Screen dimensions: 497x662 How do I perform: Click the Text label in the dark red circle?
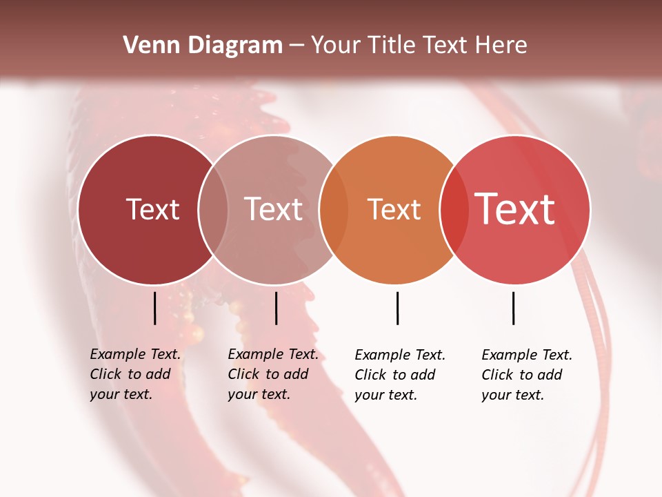(x=152, y=210)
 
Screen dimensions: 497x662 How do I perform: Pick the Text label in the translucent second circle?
(x=273, y=210)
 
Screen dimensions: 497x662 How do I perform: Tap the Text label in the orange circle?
(x=394, y=210)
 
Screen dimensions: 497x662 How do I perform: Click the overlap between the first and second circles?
(x=213, y=210)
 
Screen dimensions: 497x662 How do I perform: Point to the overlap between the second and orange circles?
(x=334, y=210)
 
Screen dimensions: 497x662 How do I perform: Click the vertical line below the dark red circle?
(x=154, y=308)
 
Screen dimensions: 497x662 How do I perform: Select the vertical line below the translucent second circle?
(x=276, y=308)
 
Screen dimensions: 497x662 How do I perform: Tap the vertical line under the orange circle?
(x=397, y=308)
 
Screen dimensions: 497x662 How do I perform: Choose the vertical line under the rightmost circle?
(x=513, y=308)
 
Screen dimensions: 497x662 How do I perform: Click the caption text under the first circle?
(x=134, y=374)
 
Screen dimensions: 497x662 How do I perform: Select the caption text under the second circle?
(x=272, y=374)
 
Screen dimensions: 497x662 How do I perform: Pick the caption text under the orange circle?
(x=399, y=375)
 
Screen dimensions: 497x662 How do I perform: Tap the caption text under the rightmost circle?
(x=526, y=375)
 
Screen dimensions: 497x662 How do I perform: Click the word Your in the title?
(x=336, y=46)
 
